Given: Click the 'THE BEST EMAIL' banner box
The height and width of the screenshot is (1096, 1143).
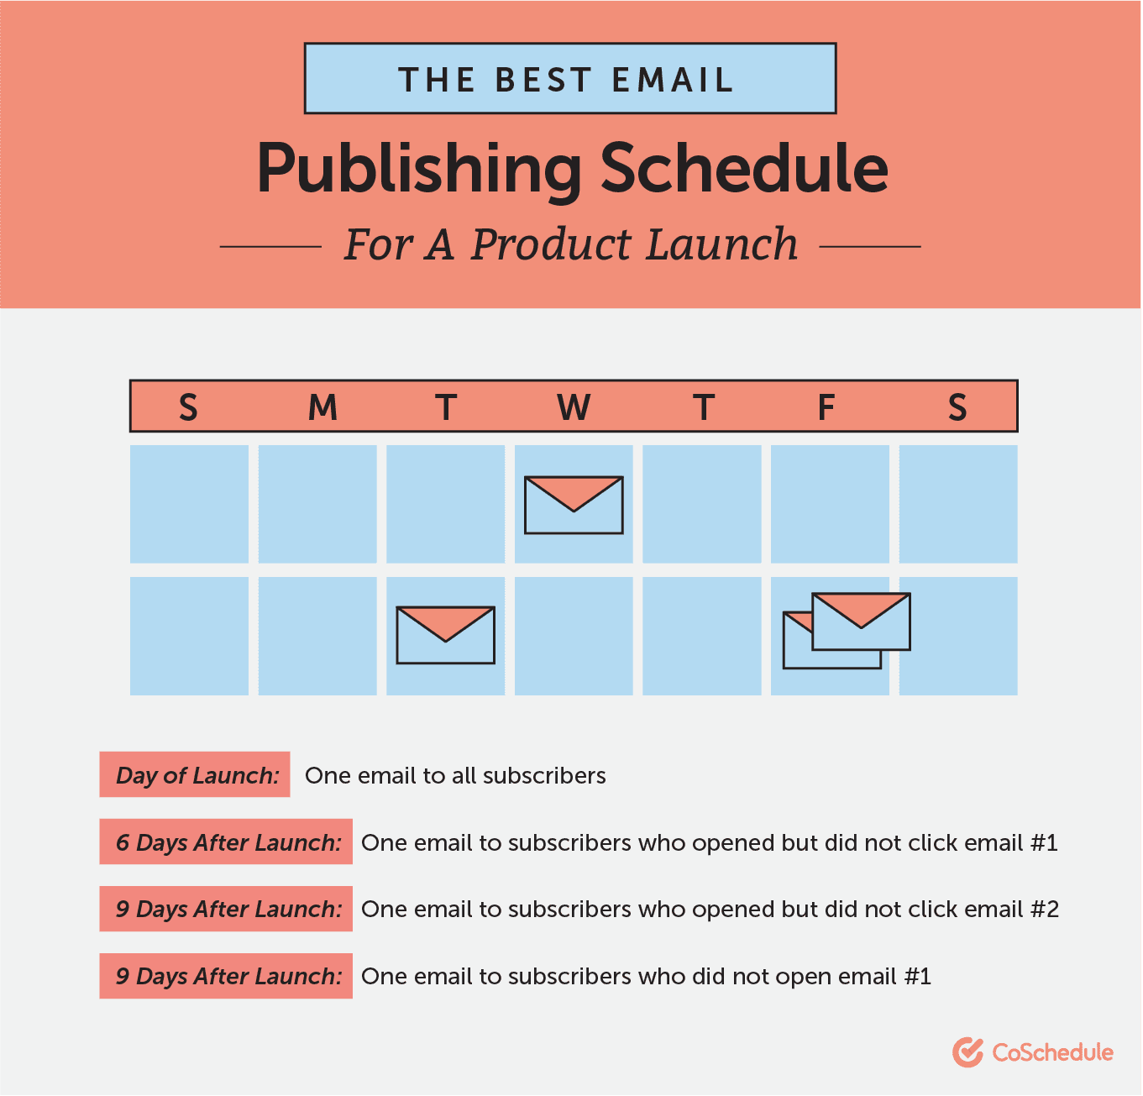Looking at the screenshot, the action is [x=569, y=78].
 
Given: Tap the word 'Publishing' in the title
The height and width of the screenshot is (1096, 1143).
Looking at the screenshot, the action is [x=419, y=170].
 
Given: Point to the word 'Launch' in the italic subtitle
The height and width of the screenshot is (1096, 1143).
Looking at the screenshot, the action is [x=722, y=244].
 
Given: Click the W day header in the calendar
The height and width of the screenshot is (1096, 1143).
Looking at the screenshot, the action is [x=574, y=406].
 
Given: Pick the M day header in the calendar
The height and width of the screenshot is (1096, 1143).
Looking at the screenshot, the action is [x=322, y=406].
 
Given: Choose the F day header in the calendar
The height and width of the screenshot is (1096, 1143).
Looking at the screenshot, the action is [x=826, y=406].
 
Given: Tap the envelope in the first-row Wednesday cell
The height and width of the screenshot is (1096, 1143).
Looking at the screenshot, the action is [x=574, y=505].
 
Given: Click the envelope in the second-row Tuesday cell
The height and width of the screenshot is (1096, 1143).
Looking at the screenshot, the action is [x=445, y=636].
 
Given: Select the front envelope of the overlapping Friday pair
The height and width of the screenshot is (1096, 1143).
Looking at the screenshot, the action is [x=861, y=621].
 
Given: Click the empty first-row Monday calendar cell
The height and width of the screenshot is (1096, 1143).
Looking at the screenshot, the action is [x=317, y=504].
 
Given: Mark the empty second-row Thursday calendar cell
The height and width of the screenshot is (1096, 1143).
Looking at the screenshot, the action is [x=702, y=636].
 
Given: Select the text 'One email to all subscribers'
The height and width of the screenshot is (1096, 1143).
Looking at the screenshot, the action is [x=455, y=775].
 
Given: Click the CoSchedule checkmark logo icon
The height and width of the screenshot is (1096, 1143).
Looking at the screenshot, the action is [x=967, y=1052].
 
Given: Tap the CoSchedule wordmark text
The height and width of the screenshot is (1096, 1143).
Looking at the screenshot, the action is [x=1052, y=1052].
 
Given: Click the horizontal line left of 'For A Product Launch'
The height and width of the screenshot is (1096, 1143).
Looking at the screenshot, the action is [x=270, y=247].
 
